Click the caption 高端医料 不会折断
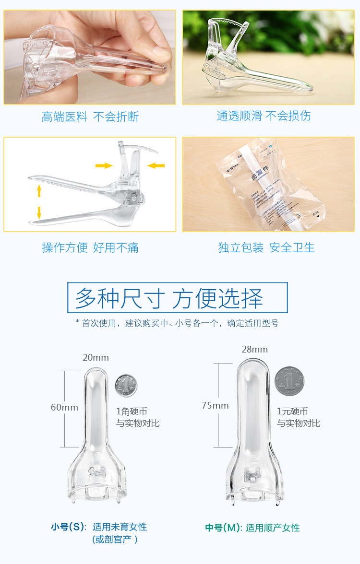(x=90, y=117)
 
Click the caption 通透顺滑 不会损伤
(x=264, y=116)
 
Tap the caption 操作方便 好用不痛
(x=90, y=247)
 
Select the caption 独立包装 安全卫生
(x=266, y=247)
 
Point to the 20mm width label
(x=96, y=358)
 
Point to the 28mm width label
(x=254, y=350)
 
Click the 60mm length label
(x=64, y=407)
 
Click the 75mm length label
(x=215, y=405)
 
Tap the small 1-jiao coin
(x=126, y=385)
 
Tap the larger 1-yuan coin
(x=289, y=381)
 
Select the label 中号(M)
(x=223, y=528)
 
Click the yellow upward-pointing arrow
(x=39, y=191)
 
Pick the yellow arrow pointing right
(x=104, y=166)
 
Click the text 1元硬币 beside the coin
(x=292, y=411)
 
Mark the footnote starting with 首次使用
(x=177, y=323)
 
